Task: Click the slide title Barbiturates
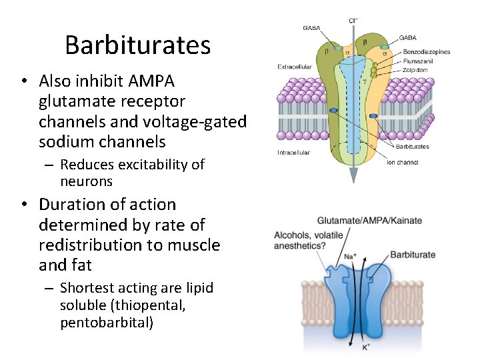pos(137,45)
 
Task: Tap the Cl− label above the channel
pos(353,21)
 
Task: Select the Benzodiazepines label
pos(426,52)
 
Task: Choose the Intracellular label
pos(293,153)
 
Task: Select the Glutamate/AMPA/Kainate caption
pos(369,221)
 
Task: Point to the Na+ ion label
pos(349,255)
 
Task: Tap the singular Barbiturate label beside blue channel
pos(412,255)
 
